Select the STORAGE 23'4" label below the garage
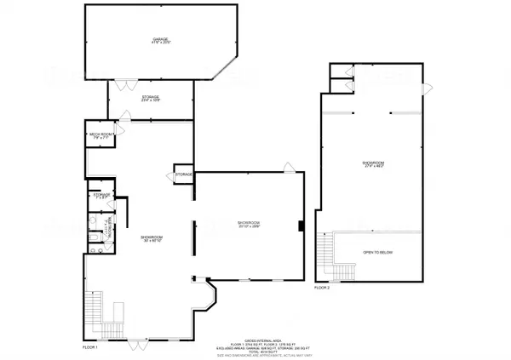pos(150,100)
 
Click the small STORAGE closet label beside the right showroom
pos(184,174)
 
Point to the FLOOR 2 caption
pos(321,289)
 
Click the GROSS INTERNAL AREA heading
pos(257,338)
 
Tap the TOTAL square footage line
pos(257,352)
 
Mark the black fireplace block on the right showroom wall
pos(300,226)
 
